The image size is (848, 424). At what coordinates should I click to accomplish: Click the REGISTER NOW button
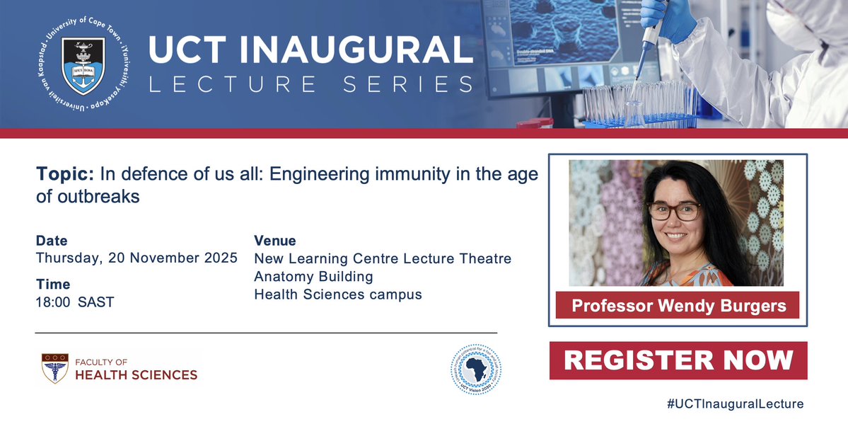point(678,360)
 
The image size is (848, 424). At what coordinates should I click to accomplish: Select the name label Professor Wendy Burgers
point(678,306)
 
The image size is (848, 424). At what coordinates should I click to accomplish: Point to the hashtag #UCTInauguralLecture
point(735,404)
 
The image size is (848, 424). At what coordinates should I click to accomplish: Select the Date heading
point(52,241)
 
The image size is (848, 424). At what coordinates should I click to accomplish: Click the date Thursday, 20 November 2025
point(137,258)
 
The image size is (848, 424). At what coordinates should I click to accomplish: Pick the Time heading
point(53,285)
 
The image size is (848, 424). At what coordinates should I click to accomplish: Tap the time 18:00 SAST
point(75,302)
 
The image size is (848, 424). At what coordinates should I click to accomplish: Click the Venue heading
point(275,241)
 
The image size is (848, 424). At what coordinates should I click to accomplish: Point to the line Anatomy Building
point(313,276)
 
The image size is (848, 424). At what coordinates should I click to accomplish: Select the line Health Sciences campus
point(338,294)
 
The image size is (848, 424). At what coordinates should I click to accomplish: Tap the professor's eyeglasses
point(673,210)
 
